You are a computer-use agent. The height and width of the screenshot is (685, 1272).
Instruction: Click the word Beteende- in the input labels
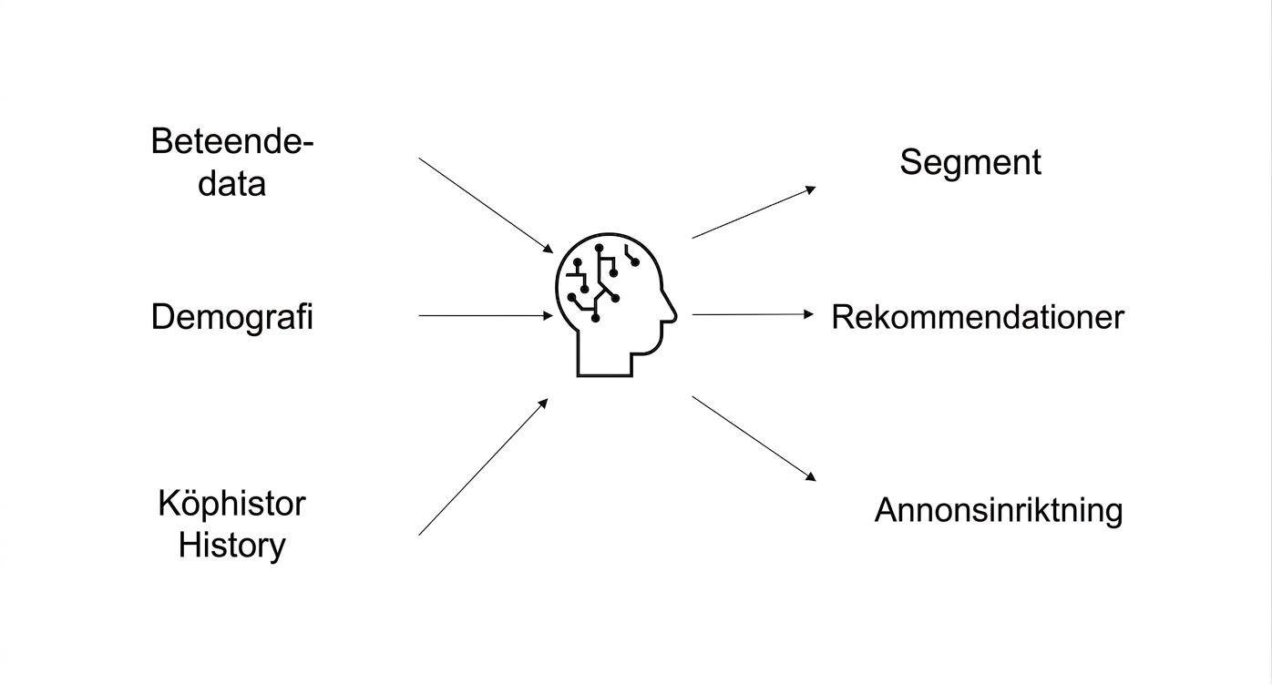[x=232, y=141]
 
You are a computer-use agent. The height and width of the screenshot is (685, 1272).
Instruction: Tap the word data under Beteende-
[x=231, y=183]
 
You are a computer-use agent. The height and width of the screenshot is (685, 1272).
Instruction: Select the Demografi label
[x=231, y=317]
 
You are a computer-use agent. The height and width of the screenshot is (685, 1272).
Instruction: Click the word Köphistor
[x=231, y=504]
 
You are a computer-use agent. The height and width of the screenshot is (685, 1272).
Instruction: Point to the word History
[x=231, y=545]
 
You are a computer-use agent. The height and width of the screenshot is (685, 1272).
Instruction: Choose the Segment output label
[x=970, y=162]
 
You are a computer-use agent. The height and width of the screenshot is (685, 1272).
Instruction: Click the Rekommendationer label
[x=978, y=317]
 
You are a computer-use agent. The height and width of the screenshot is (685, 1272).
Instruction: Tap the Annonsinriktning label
[x=999, y=509]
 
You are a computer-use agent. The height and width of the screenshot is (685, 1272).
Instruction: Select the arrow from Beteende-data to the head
[x=486, y=206]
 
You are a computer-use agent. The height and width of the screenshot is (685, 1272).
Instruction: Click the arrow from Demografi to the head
[x=486, y=315]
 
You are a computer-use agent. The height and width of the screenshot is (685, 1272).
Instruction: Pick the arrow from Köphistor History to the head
[x=483, y=466]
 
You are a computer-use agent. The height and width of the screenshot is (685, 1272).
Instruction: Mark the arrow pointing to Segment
[x=754, y=212]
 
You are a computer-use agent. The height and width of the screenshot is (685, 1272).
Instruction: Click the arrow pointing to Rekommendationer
[x=753, y=314]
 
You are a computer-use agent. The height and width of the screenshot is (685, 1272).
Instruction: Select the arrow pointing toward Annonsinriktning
[x=754, y=439]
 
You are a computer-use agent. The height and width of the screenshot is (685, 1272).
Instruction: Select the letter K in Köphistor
[x=169, y=503]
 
